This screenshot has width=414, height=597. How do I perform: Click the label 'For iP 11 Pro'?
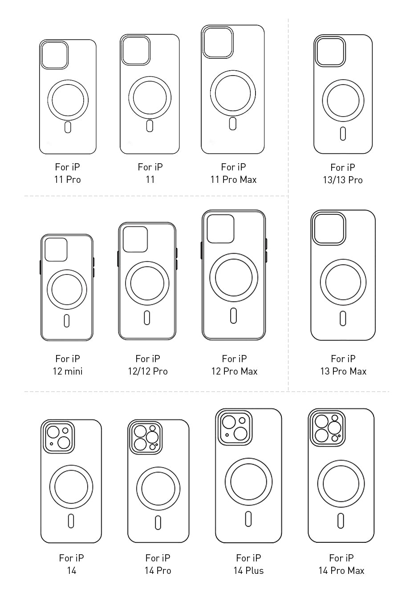(x=68, y=173)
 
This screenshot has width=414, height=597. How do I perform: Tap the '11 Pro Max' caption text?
(x=233, y=180)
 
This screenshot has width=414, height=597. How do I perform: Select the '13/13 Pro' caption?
(x=343, y=180)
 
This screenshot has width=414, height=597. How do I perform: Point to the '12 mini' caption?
(x=68, y=371)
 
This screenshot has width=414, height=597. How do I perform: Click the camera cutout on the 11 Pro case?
(x=54, y=55)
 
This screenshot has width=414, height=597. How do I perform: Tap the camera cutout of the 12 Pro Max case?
(x=221, y=229)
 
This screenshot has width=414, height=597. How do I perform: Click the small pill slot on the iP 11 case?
(x=150, y=126)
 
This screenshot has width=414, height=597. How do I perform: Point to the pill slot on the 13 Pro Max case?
(x=343, y=318)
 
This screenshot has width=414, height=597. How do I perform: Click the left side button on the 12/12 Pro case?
(x=118, y=258)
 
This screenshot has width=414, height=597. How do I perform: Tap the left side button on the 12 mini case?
(x=40, y=267)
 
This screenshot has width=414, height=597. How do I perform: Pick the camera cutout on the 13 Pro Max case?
(x=329, y=228)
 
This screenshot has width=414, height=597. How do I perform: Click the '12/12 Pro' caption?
(x=148, y=371)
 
